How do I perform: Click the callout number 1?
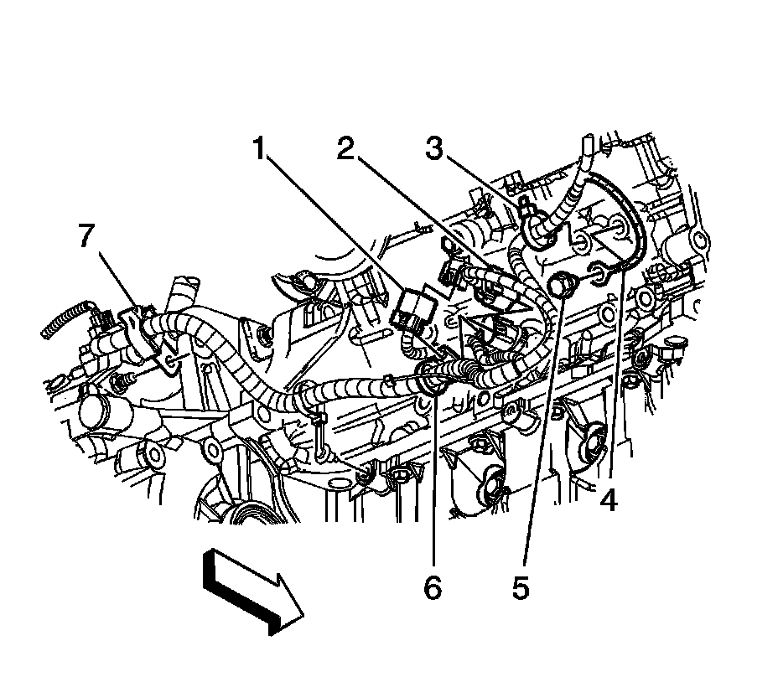(x=261, y=152)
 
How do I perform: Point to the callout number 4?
(x=608, y=500)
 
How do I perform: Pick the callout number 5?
(x=521, y=588)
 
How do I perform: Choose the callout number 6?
(x=432, y=588)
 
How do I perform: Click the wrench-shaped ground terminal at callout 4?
(x=600, y=271)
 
